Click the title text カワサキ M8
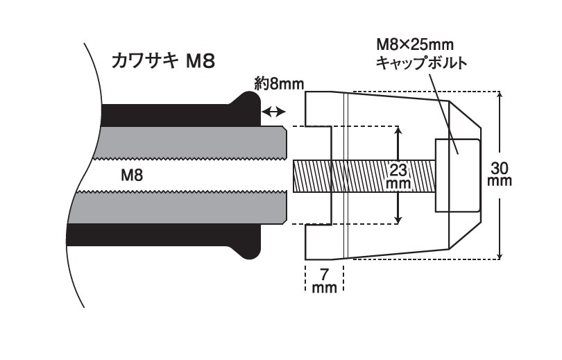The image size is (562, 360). pyautogui.click(x=164, y=61)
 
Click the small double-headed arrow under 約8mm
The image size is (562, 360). pyautogui.click(x=271, y=111)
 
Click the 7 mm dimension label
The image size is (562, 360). pyautogui.click(x=324, y=281)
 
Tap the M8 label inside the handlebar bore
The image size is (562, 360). pyautogui.click(x=132, y=175)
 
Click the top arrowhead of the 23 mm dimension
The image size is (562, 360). pyautogui.click(x=398, y=131)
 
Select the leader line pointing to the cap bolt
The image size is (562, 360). pyautogui.click(x=441, y=111)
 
